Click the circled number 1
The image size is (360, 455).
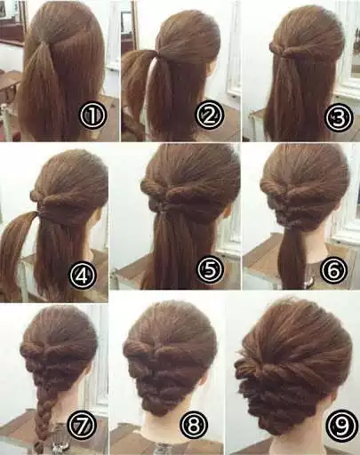(93, 116)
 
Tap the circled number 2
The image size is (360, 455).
(209, 116)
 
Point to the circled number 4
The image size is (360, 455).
(84, 276)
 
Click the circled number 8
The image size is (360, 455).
(197, 427)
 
